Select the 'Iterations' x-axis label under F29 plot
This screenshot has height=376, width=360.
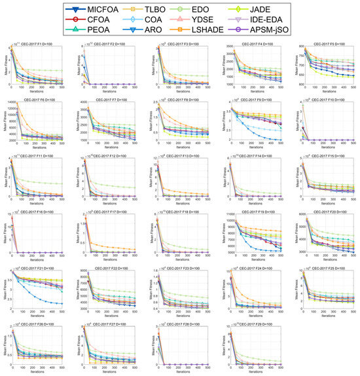(257, 373)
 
